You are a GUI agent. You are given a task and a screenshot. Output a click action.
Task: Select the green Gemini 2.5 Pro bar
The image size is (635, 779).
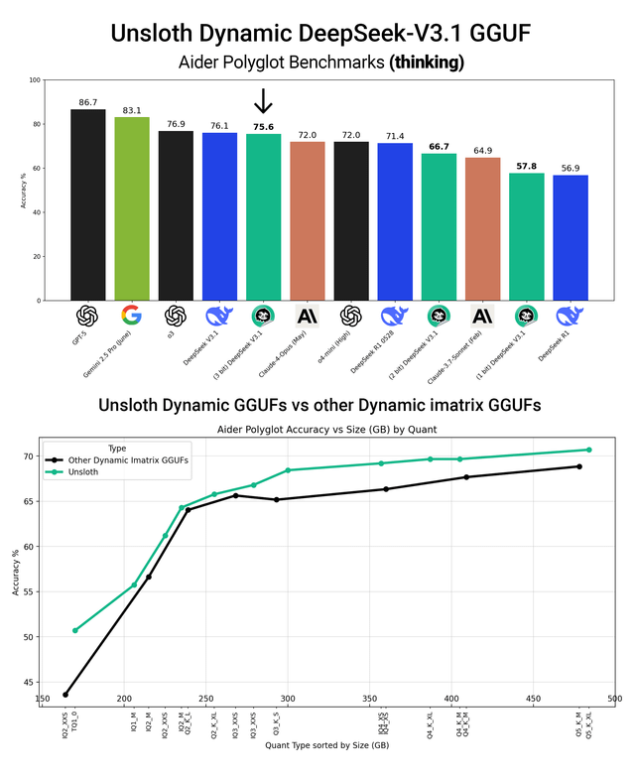[x=132, y=208]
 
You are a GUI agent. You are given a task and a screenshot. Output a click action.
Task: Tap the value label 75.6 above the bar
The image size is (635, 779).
[x=264, y=127]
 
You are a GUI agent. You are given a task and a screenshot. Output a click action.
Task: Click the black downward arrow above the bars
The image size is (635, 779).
[x=263, y=101]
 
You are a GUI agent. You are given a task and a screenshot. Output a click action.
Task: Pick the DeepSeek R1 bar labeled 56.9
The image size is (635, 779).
[x=571, y=238]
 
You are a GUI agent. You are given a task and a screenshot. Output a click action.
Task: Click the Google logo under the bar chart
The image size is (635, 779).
[x=131, y=316]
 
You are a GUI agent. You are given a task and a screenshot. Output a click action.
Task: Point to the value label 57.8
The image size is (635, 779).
[x=527, y=166]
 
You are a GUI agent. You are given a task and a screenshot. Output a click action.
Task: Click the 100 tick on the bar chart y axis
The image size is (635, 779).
[x=35, y=80]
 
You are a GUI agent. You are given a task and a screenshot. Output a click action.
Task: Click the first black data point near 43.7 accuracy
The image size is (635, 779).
[x=65, y=694]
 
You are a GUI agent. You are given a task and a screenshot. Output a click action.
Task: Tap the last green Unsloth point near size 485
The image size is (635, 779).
[x=588, y=450]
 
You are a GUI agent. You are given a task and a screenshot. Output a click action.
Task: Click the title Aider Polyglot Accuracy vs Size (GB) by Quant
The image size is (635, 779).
[x=326, y=428]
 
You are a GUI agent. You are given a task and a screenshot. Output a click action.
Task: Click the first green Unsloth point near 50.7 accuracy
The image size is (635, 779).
[x=74, y=630]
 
